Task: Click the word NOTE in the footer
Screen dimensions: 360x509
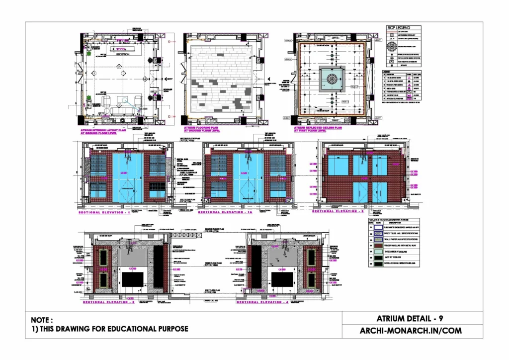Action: [42, 320]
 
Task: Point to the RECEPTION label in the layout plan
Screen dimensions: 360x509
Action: [122, 55]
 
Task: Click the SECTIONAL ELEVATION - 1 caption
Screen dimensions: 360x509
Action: [104, 212]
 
